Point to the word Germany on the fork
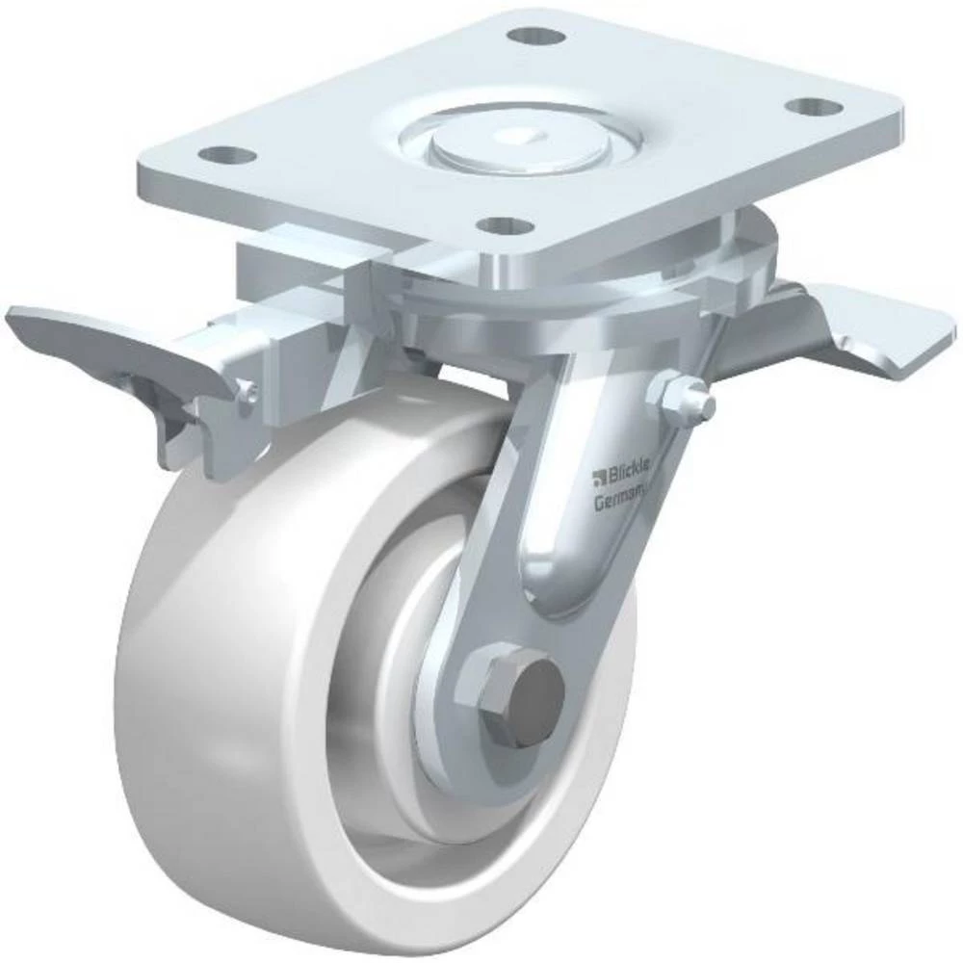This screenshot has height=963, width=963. click(x=622, y=501)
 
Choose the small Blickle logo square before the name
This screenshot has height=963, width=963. click(x=598, y=473)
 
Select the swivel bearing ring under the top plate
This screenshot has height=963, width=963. click(x=578, y=289)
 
